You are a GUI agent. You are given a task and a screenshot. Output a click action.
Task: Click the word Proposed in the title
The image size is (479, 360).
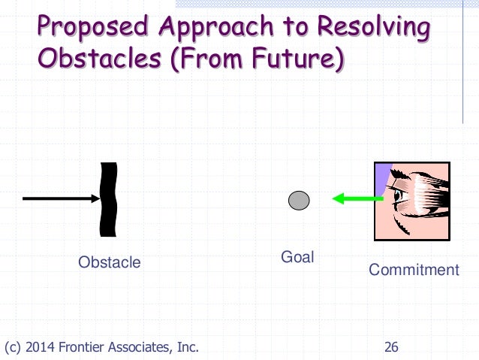(84, 28)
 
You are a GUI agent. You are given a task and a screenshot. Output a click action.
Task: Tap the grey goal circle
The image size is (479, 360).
(299, 200)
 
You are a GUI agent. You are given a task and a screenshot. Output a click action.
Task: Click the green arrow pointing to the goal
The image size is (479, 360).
(352, 199)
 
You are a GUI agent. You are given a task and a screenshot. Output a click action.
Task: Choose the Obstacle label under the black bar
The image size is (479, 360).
(110, 262)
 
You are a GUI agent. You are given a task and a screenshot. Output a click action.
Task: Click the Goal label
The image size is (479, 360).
(297, 257)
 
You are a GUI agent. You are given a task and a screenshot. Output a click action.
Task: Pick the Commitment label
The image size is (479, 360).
(414, 269)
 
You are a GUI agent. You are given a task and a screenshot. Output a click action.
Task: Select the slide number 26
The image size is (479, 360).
(391, 346)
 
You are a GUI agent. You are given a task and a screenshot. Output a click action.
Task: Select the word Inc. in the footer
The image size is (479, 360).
(187, 346)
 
